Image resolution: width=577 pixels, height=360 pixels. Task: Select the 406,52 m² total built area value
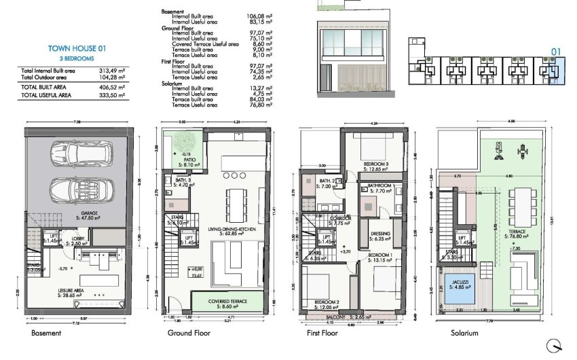pos(113,87)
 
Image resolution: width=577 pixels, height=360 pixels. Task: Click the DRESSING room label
pos(380,236)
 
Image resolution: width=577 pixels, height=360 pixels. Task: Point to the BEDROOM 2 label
pos(326,302)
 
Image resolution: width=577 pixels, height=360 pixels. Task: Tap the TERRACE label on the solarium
pos(517,233)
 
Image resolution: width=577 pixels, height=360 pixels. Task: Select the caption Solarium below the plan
pos(464,334)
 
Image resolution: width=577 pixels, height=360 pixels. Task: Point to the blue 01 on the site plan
pos(555,50)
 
